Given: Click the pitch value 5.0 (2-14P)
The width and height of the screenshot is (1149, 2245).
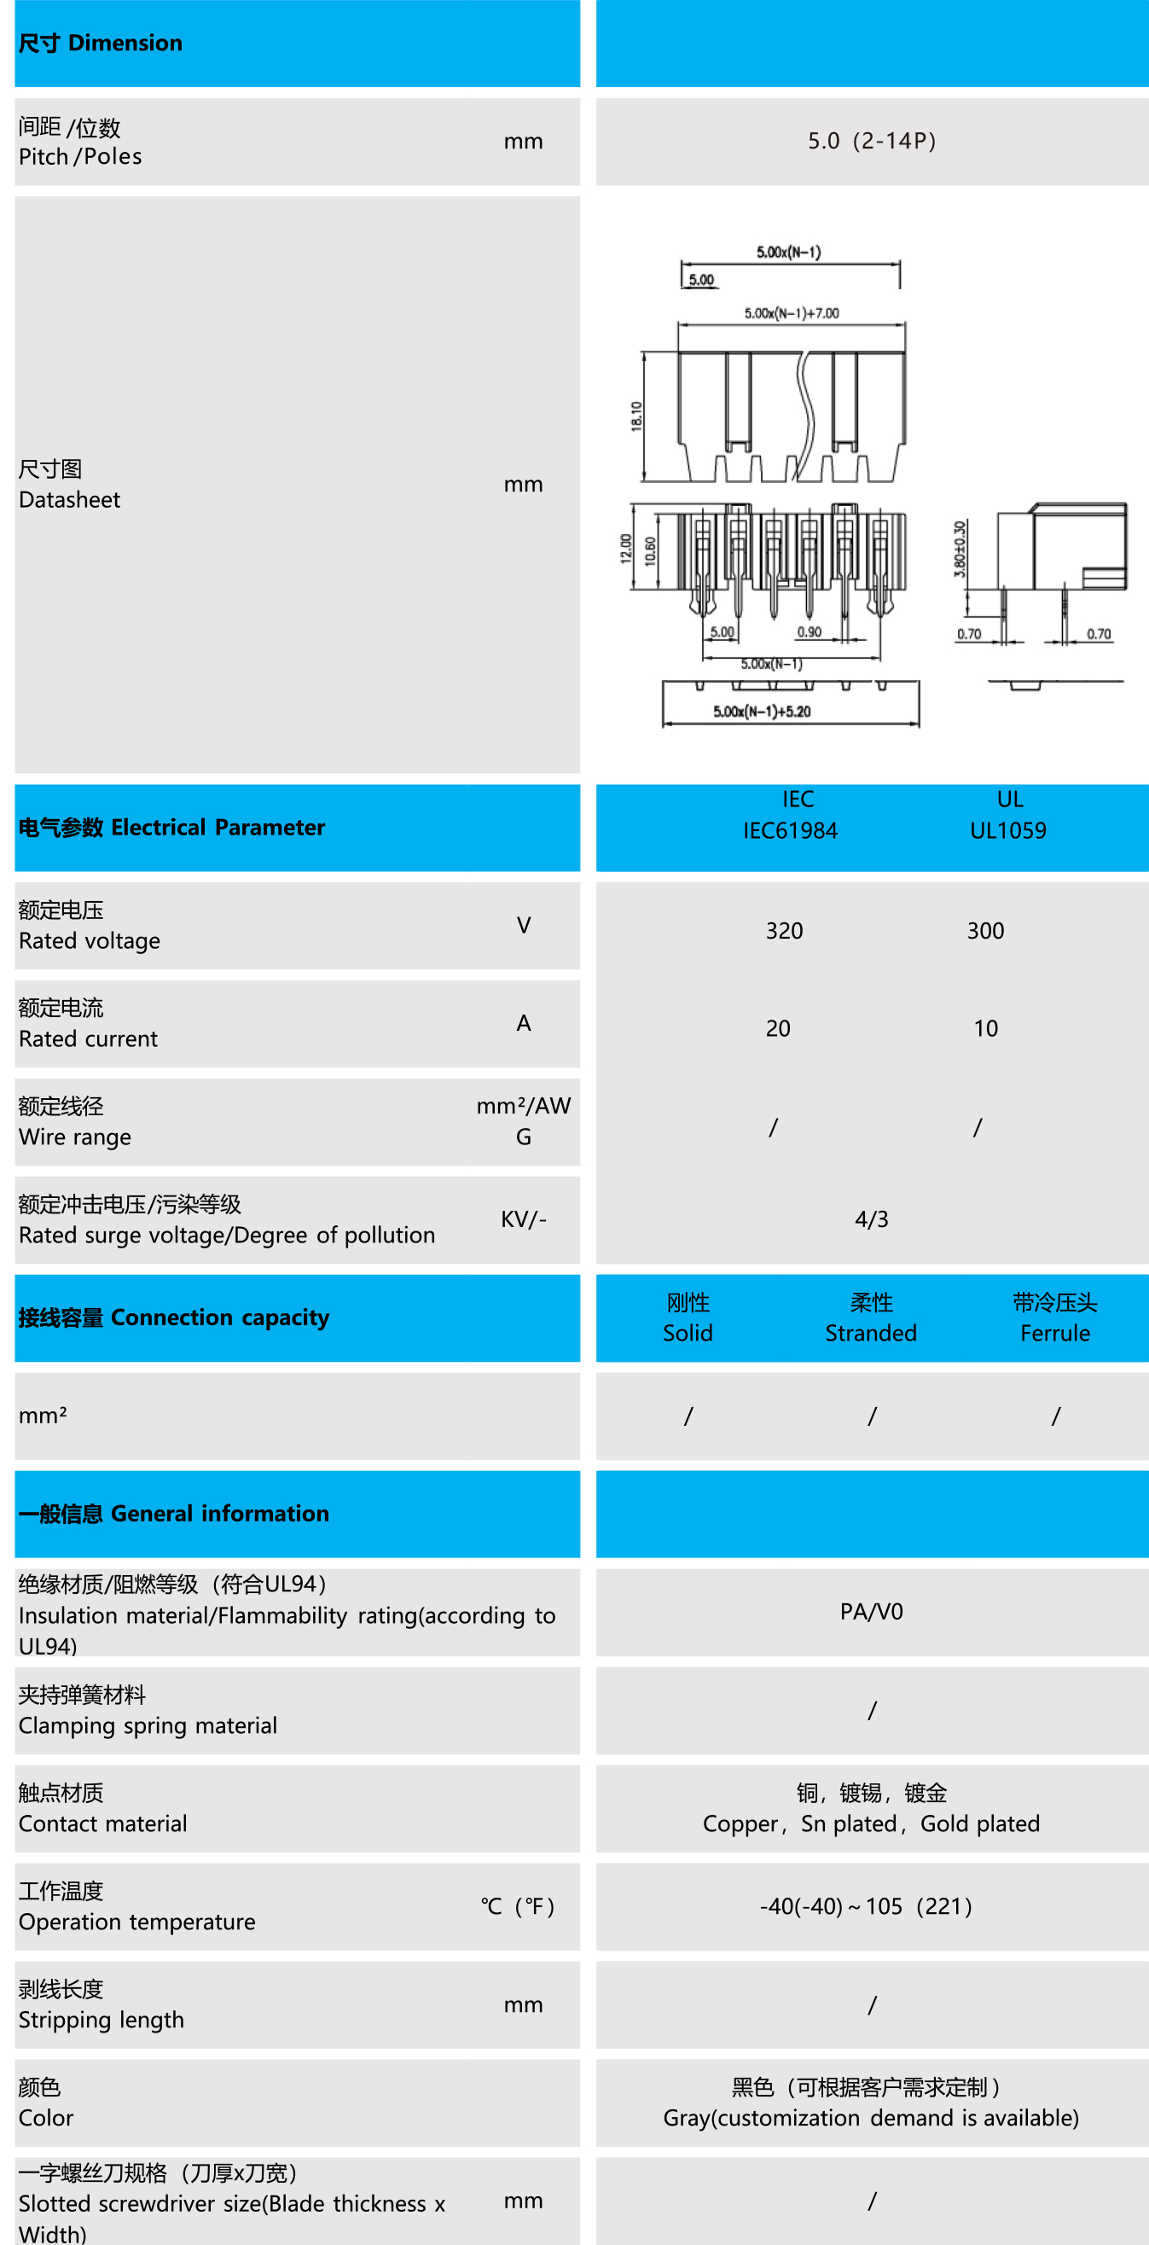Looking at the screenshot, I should pyautogui.click(x=871, y=141).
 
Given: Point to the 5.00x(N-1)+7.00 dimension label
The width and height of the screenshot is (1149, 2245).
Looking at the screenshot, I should pyautogui.click(x=791, y=314).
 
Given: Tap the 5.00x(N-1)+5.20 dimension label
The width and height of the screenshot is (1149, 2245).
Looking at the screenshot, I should pyautogui.click(x=762, y=712).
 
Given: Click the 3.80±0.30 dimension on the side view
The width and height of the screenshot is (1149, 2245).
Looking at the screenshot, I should pyautogui.click(x=960, y=549).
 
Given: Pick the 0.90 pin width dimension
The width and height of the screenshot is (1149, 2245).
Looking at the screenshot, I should pyautogui.click(x=810, y=631).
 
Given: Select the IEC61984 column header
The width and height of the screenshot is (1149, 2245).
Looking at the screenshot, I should pyautogui.click(x=790, y=829).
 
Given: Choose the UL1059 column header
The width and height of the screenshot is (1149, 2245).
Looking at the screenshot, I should pyautogui.click(x=1008, y=829).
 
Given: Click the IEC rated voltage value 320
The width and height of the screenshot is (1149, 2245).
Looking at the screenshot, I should pyautogui.click(x=784, y=931).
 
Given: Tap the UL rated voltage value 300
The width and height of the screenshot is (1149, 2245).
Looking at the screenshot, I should pyautogui.click(x=985, y=931).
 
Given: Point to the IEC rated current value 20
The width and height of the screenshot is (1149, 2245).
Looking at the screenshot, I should pyautogui.click(x=778, y=1028).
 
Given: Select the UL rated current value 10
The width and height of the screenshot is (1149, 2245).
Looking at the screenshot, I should pyautogui.click(x=985, y=1028).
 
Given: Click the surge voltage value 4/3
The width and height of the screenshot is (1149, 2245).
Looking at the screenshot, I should pyautogui.click(x=871, y=1219).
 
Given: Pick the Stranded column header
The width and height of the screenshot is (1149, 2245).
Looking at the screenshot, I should pyautogui.click(x=871, y=1333).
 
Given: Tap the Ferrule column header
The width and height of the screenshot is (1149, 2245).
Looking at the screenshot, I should pyautogui.click(x=1055, y=1333).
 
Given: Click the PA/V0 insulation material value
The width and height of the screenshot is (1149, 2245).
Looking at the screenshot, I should pyautogui.click(x=871, y=1612).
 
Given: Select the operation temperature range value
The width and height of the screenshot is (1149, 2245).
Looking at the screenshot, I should pyautogui.click(x=866, y=1907).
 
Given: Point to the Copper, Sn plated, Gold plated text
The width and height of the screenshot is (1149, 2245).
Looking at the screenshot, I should pyautogui.click(x=871, y=1824).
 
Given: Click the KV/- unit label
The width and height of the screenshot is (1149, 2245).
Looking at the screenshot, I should pyautogui.click(x=524, y=1219).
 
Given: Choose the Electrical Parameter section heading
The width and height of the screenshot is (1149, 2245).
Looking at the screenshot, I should pyautogui.click(x=171, y=827).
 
